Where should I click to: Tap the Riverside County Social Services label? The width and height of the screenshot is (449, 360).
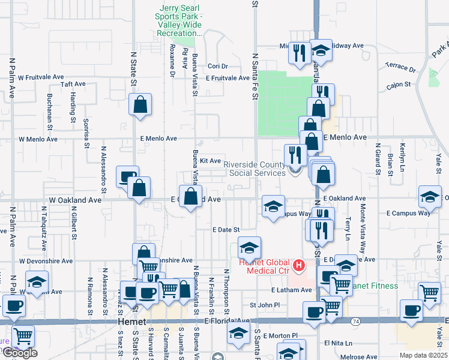coord(256,169)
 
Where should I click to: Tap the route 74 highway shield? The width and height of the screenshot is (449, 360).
coord(356,322)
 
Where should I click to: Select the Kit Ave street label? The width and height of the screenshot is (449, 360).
coord(211,161)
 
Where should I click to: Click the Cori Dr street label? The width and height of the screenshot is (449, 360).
coord(218,67)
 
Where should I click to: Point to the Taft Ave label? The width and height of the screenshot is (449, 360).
coord(74,85)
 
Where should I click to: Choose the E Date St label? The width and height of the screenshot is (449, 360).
coord(226,229)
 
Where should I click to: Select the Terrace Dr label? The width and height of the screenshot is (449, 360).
coord(400,67)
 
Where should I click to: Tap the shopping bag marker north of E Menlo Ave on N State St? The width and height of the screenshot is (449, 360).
coord(140,105)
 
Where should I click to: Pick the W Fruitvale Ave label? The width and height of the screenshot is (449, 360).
coord(41,77)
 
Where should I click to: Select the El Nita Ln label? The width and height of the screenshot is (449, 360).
coord(336,343)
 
